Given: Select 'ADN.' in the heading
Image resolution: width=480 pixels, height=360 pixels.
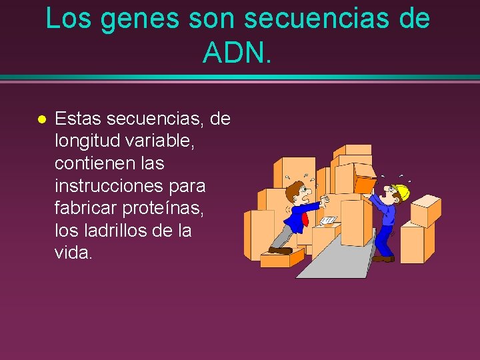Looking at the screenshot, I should coord(238,52).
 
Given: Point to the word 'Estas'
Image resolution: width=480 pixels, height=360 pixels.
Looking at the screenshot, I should coord(78,119).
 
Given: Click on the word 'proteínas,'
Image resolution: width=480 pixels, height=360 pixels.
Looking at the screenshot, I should coord(169,208).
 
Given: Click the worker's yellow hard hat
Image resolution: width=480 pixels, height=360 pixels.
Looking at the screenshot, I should coord(401,192).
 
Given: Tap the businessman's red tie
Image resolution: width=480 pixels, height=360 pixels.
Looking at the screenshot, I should coord(305,219).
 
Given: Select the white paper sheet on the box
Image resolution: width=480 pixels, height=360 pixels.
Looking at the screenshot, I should coord(327,220).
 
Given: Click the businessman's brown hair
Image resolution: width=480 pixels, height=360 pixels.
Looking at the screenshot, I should coord(293,191).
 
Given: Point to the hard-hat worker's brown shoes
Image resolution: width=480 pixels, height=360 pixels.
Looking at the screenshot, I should coord(383,258).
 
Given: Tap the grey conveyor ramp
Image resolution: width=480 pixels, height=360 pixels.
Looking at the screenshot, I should coord(333,257).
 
